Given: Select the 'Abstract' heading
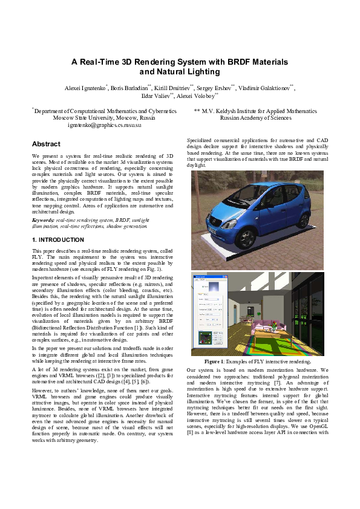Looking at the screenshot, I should (x=46, y=144).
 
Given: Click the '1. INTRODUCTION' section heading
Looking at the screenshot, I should (x=57, y=240).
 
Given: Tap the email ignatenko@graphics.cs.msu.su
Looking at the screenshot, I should (x=104, y=125).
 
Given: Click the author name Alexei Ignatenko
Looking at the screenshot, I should (x=84, y=88).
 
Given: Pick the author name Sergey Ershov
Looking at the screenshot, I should (x=214, y=88).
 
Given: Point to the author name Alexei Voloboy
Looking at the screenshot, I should (x=197, y=96).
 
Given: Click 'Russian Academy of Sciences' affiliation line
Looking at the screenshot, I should (x=255, y=118).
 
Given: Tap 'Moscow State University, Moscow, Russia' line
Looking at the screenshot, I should (x=104, y=118).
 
